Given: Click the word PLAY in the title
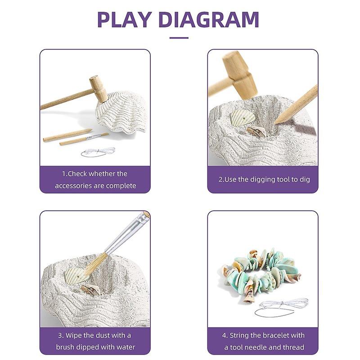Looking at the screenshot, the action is coord(125,19).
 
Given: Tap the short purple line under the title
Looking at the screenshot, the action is coord(179,38).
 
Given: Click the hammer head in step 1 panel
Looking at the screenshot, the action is coord(98,88).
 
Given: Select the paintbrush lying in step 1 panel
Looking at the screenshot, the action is coord(84,139).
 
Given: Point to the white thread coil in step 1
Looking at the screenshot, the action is coord(98,152).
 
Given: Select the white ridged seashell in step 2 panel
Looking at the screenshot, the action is coord(243,118).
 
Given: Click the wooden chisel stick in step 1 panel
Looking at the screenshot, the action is coord(67,135).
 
